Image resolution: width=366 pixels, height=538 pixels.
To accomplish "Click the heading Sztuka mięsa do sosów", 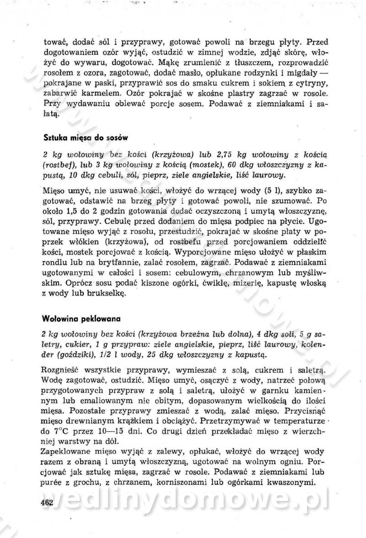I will tap(86, 137).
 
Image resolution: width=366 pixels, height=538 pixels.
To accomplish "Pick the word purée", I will tap(52, 481).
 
